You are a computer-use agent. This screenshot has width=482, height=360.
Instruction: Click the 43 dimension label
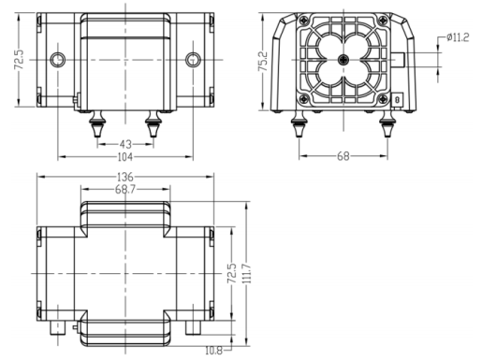125,144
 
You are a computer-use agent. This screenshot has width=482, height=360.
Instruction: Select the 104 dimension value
125,157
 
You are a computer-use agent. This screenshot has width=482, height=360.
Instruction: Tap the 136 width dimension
125,177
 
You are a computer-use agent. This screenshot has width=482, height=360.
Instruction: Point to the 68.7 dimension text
125,189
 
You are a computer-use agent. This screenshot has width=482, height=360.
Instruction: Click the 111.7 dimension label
246,274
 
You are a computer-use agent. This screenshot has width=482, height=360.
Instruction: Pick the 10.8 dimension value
213,351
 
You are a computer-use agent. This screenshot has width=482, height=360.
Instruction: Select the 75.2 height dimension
264,61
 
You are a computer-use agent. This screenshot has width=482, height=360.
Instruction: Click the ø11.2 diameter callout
458,37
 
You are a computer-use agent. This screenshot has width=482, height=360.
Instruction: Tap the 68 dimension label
343,156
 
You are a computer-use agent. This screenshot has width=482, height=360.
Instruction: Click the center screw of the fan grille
343,59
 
